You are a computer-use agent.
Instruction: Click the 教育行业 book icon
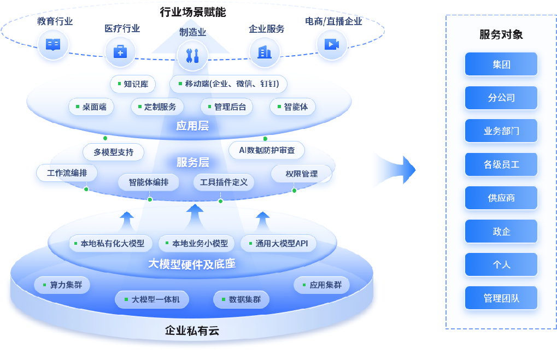point(53,44)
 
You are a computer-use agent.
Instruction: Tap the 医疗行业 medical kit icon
point(120,52)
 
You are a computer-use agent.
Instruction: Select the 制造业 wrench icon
point(192,56)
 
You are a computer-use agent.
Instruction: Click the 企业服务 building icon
point(265,52)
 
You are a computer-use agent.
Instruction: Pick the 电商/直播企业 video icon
point(331,44)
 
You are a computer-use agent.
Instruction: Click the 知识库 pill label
point(133,84)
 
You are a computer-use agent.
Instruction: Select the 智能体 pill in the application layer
point(292,107)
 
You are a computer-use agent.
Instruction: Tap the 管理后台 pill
point(226,107)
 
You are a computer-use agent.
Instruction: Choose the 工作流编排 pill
point(67,173)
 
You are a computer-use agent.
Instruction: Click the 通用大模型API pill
point(278,243)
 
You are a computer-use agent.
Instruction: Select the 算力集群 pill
point(62,285)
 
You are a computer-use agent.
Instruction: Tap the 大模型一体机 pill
point(152,299)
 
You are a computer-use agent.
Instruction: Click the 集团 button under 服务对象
point(501,64)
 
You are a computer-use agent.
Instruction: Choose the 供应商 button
point(501,198)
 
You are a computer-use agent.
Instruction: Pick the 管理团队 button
point(501,298)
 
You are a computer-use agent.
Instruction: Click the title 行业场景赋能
point(192,12)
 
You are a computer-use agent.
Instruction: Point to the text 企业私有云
point(192,331)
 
